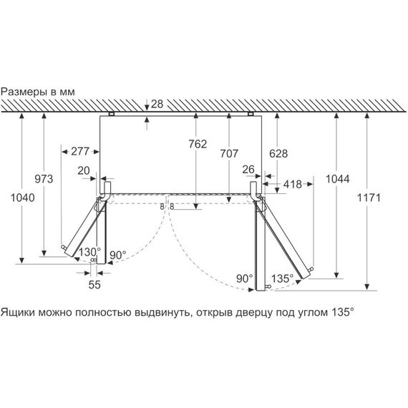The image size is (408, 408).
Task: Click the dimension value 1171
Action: tap(369, 198)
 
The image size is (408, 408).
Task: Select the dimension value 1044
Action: tap(337, 179)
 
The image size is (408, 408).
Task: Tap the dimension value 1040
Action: tap(23, 198)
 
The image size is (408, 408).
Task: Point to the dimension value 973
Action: tap(44, 179)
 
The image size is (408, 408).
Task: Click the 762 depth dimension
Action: tap(198, 144)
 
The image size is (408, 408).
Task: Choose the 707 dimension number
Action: tap(229, 153)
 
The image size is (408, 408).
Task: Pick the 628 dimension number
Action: tap(278, 154)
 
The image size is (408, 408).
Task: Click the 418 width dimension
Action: tap(293, 185)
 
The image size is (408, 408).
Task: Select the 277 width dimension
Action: tap(80, 152)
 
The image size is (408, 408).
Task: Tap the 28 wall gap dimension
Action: tap(157, 104)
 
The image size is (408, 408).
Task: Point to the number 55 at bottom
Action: tap(94, 285)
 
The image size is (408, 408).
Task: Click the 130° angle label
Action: tap(89, 252)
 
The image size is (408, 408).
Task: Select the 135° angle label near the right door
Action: tap(282, 278)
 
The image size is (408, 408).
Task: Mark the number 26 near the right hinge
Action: tap(248, 170)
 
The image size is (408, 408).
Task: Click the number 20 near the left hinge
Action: tap(84, 170)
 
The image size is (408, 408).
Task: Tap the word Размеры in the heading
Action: tap(24, 92)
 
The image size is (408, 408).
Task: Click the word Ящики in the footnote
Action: tap(18, 312)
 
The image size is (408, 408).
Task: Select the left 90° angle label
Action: tap(118, 256)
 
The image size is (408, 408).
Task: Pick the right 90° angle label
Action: tap(244, 278)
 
